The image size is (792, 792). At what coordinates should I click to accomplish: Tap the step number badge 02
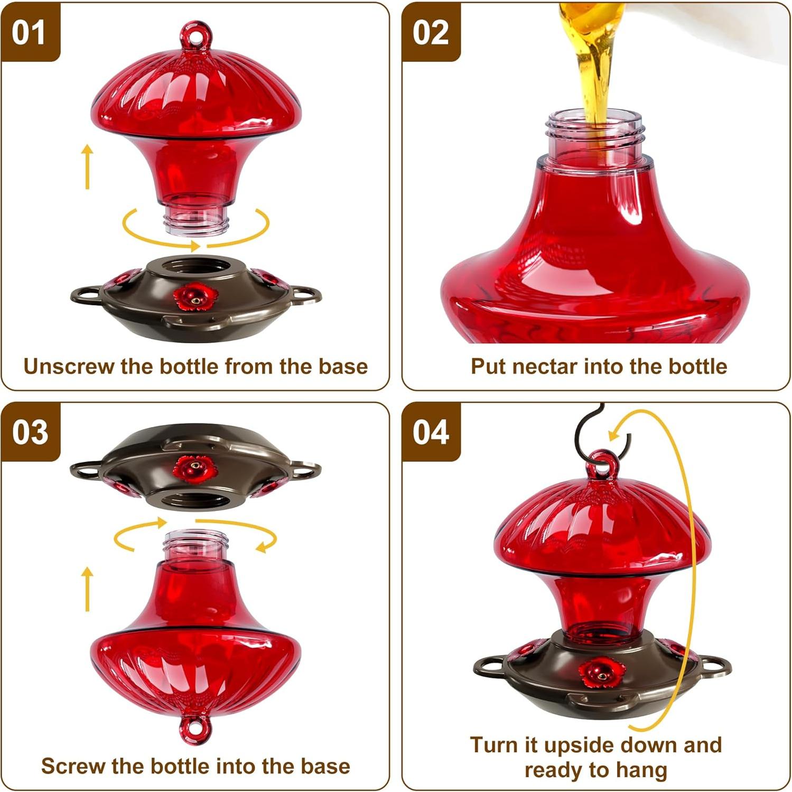click(430, 33)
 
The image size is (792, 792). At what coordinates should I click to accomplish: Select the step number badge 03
click(30, 432)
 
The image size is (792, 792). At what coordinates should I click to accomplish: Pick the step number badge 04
click(431, 432)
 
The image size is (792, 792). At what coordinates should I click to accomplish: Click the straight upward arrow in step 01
click(87, 166)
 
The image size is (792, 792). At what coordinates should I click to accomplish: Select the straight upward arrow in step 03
click(88, 589)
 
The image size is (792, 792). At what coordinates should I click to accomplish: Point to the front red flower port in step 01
click(195, 297)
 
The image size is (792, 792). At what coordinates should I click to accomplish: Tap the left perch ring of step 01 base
click(86, 295)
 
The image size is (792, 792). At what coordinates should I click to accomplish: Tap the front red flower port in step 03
click(195, 468)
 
